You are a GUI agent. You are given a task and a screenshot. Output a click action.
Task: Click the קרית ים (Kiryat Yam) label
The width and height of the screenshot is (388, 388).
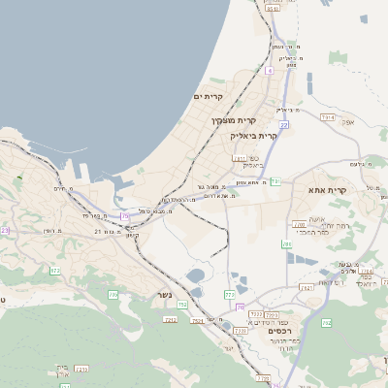pos(209,96)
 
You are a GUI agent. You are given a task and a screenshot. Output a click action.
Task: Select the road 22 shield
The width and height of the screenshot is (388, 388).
pos(283,125)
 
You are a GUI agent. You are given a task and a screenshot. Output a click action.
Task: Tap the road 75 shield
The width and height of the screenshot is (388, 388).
pos(124,215)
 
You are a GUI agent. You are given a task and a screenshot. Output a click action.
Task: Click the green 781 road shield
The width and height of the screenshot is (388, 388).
pos(275,181)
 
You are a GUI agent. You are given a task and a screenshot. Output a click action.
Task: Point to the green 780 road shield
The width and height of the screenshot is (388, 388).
pos(286,244)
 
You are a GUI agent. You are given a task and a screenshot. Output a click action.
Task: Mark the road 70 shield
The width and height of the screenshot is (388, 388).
pos(240,307)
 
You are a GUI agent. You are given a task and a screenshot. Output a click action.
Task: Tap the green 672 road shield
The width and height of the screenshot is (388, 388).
pos(55,271)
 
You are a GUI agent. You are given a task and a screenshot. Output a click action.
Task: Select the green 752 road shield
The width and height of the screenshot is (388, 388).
pos(181,305)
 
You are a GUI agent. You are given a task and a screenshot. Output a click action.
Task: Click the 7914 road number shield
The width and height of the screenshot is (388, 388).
pos(327,117)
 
